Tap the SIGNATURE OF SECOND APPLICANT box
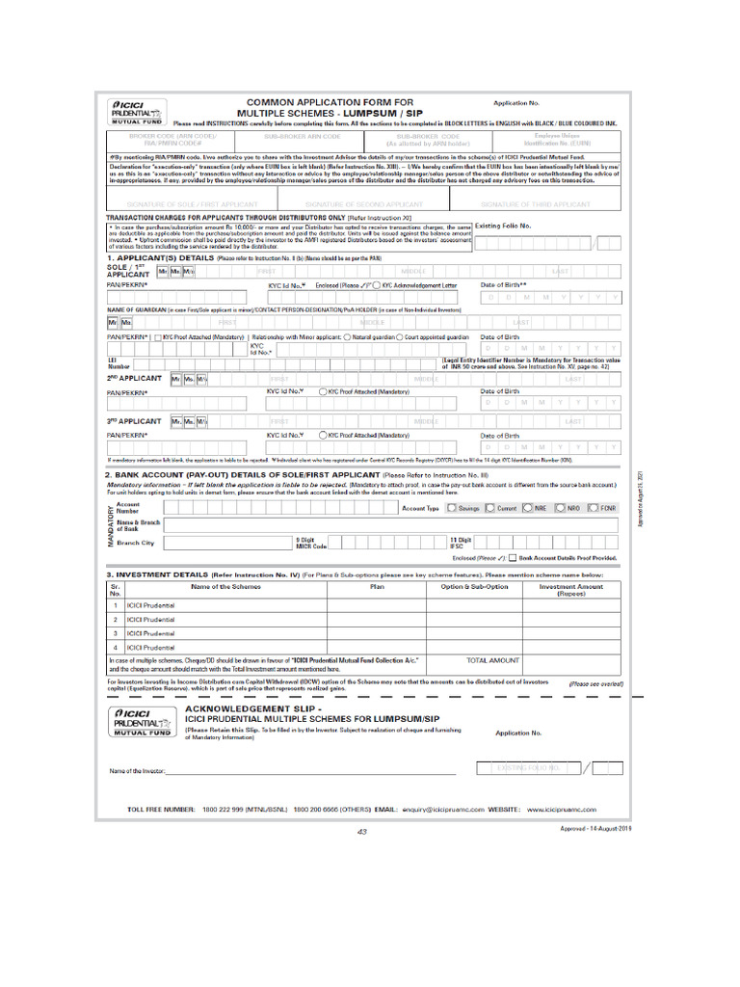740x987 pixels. tap(363, 204)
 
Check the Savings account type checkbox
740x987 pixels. tap(452, 508)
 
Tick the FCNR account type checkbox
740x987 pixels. tap(592, 508)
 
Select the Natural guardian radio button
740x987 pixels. tap(346, 338)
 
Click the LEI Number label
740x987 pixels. tap(119, 363)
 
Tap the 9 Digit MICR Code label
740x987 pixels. tap(311, 543)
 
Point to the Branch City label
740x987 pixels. tap(134, 543)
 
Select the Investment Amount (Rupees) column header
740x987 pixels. tap(570, 589)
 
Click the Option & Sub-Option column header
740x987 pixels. tap(474, 586)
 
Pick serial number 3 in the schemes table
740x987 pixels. tap(115, 633)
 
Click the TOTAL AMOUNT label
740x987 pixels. tap(492, 661)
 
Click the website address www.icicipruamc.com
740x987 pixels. tap(562, 811)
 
